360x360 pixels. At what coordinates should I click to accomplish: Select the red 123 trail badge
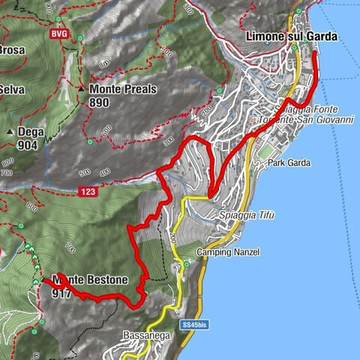87,192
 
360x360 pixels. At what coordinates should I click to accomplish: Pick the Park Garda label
289,163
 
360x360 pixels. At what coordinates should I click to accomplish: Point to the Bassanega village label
146,337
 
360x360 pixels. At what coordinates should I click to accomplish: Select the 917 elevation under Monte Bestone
61,294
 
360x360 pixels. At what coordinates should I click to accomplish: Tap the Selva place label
12,89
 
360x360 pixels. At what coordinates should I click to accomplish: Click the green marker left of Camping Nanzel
186,263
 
